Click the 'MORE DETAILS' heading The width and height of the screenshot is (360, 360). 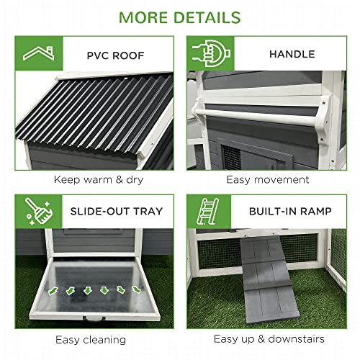(x=179, y=16)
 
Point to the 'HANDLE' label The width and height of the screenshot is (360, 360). (x=291, y=53)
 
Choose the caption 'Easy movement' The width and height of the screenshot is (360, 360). (x=267, y=179)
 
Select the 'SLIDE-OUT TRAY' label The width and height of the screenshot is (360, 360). (x=117, y=212)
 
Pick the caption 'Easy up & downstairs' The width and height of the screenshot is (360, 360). (x=269, y=338)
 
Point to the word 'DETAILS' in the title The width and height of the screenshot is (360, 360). (x=209, y=16)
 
